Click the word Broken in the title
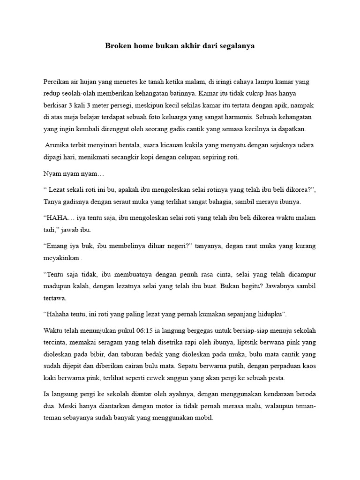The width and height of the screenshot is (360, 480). (x=118, y=47)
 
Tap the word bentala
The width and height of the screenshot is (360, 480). (x=124, y=145)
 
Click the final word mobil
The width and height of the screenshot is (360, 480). (x=204, y=418)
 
